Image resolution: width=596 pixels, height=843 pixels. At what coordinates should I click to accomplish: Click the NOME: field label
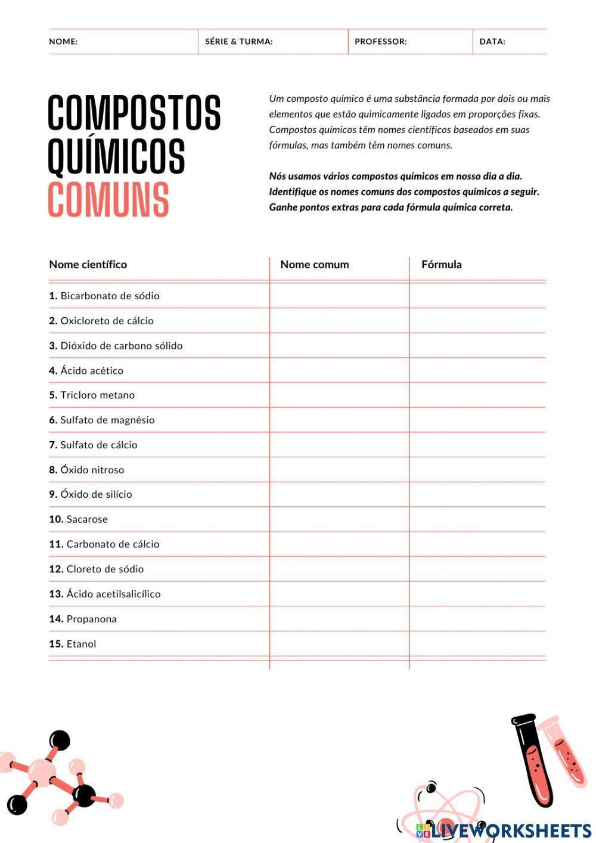[x=63, y=42]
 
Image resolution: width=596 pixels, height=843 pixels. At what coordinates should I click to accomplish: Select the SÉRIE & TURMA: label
[x=238, y=42]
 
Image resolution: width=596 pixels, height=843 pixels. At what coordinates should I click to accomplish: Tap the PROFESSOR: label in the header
[x=380, y=42]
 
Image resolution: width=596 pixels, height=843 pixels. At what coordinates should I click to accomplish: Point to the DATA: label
[x=492, y=42]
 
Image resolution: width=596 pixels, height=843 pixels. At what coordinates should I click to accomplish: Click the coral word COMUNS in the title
[x=108, y=200]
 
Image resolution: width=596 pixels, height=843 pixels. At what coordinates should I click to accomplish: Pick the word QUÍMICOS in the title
[x=116, y=156]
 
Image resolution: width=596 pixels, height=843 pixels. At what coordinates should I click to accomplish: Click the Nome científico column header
[x=88, y=265]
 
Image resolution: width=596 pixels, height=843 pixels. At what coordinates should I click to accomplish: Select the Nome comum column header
[x=314, y=265]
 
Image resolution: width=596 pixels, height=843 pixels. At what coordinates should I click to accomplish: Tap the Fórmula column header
[x=441, y=265]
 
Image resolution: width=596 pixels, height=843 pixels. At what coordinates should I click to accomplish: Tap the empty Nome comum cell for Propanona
[x=339, y=619]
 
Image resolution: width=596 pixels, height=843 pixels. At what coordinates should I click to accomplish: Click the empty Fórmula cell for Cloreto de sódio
[x=477, y=569]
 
